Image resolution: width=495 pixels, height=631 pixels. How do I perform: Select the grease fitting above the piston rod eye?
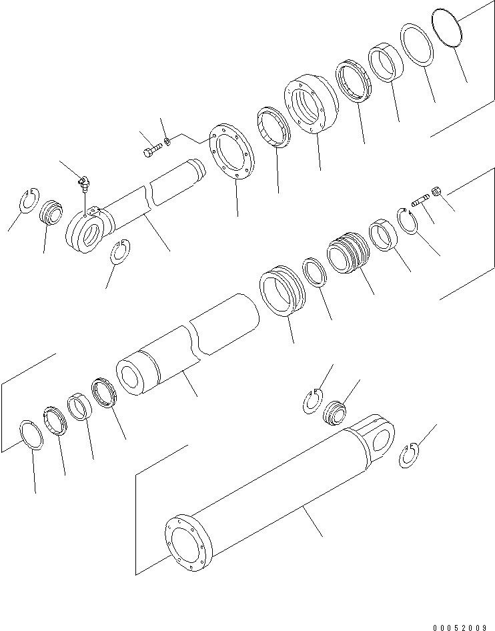[x=83, y=181]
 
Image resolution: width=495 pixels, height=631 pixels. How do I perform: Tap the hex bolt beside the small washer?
[x=151, y=150]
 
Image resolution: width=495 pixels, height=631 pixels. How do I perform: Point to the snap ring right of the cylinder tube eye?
[x=410, y=456]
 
